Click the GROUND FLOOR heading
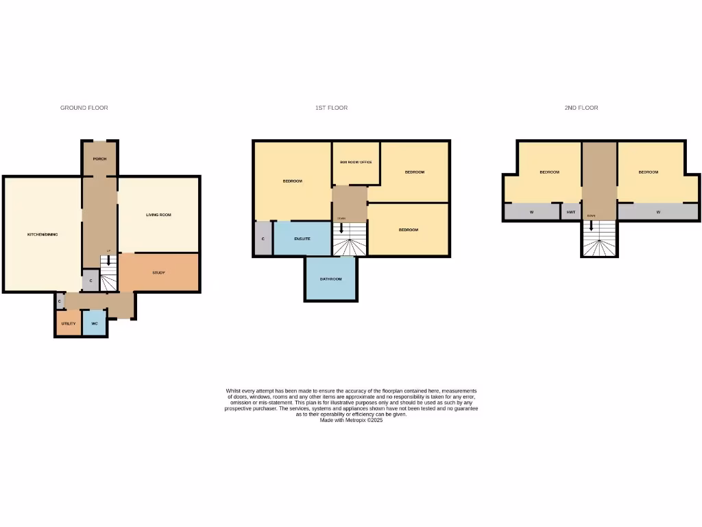(84, 108)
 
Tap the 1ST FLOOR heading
(331, 108)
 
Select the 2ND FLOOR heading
(581, 108)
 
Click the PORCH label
(100, 159)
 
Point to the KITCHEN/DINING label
(43, 235)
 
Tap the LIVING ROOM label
(158, 215)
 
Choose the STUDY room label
(158, 272)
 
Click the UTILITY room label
(68, 323)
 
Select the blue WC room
(94, 323)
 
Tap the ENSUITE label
(302, 239)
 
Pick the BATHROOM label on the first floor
(330, 279)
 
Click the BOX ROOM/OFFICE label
(356, 162)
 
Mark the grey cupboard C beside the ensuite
(263, 239)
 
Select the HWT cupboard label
(571, 212)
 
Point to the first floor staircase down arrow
(341, 227)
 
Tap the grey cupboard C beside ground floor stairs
(90, 281)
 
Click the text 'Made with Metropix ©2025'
(351, 420)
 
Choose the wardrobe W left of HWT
(531, 212)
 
